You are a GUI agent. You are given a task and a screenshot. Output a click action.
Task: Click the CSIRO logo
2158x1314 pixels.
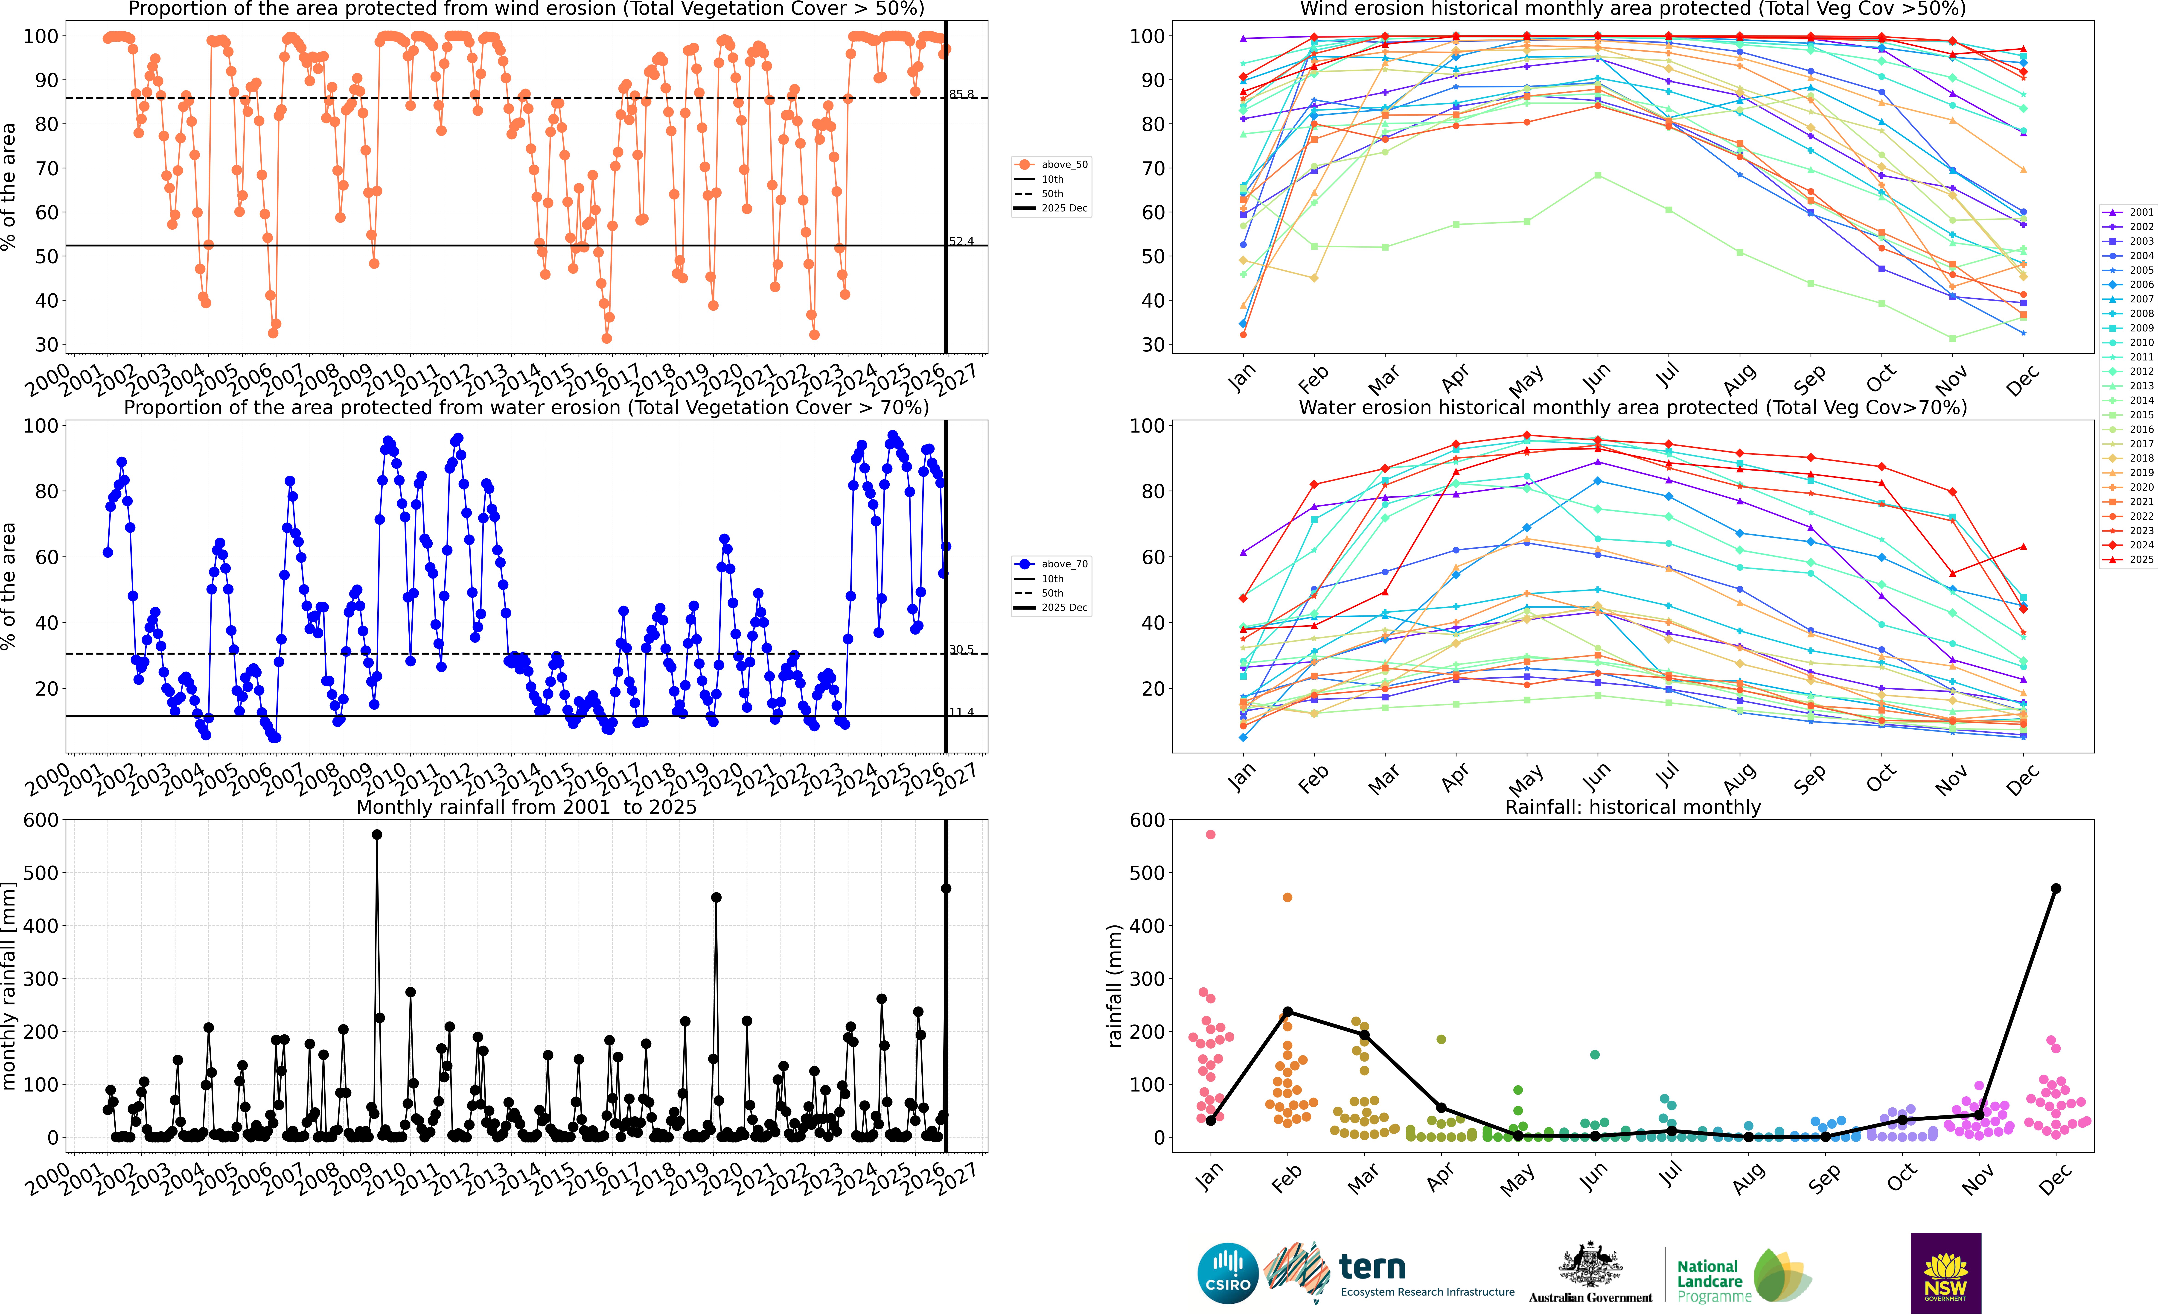[1228, 1273]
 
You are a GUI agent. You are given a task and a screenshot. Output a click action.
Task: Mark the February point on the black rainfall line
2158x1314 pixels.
[1287, 1012]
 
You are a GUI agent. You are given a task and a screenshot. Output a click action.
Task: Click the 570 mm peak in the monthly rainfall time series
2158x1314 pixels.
[377, 835]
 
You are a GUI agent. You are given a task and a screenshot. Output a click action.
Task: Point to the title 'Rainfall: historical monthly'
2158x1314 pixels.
[1633, 807]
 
